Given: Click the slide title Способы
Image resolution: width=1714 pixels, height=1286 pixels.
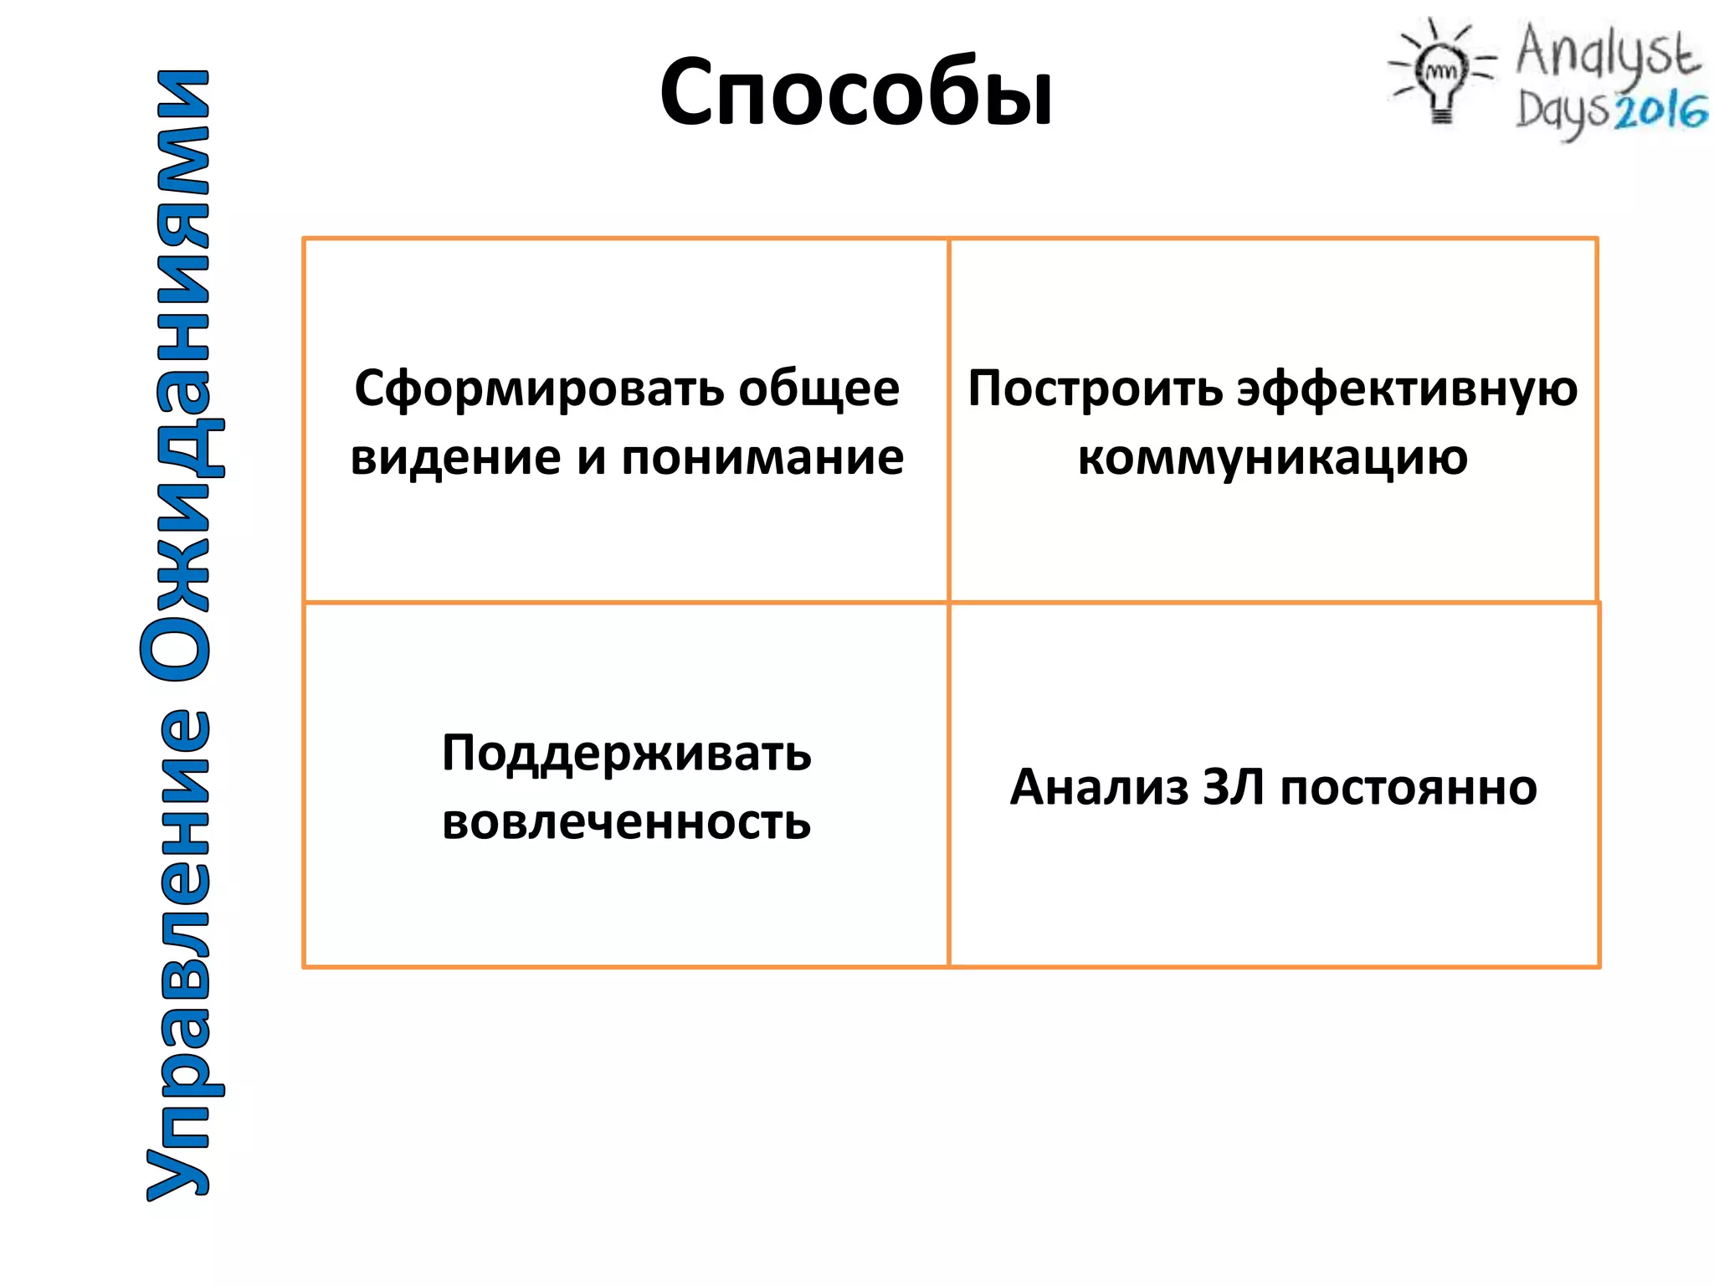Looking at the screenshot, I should [855, 92].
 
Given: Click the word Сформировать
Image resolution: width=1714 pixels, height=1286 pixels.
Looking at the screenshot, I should [538, 388].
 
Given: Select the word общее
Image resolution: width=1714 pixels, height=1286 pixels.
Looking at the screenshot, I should [819, 388].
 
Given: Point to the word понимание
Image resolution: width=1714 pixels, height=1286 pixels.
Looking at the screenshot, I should [762, 458].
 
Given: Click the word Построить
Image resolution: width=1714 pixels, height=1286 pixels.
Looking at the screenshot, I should [1095, 388].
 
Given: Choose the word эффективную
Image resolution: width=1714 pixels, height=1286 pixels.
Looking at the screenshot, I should [1408, 390].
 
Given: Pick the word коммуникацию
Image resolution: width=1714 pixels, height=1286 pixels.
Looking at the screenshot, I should [1272, 458].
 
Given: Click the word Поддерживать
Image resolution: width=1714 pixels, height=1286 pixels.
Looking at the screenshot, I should [626, 754].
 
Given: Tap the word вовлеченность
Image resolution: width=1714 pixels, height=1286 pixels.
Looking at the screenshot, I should [626, 822].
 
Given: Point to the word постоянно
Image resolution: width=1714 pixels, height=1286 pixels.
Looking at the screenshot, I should [1409, 789].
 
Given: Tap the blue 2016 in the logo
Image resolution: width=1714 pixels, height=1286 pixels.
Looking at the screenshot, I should [1660, 111].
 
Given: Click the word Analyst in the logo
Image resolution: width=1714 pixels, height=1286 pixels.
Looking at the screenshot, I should [1607, 52].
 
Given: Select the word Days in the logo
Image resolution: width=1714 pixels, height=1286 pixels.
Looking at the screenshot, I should [1562, 112].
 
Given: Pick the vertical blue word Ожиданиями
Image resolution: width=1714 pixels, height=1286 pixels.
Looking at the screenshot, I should [177, 377].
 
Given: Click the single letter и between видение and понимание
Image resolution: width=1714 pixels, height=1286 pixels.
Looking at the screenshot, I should [591, 459].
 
